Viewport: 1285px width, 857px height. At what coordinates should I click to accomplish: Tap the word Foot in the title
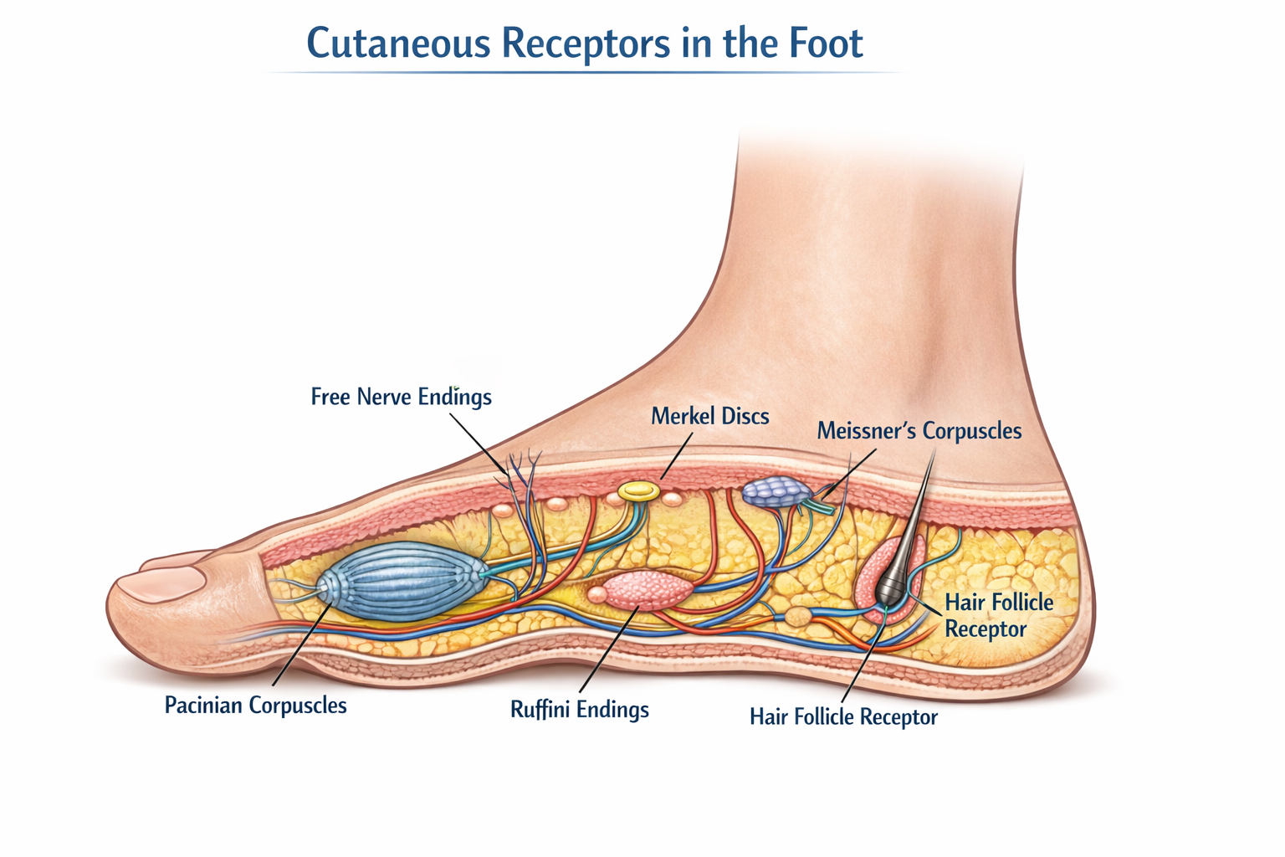[x=824, y=44]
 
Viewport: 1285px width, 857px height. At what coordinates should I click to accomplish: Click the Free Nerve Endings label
[x=401, y=396]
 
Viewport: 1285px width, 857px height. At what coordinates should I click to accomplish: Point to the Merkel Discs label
[x=709, y=416]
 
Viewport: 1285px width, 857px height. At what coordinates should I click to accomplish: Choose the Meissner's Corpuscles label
[x=919, y=431]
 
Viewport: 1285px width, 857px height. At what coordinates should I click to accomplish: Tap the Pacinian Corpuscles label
[x=255, y=705]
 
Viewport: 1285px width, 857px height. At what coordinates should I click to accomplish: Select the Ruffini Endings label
[x=579, y=710]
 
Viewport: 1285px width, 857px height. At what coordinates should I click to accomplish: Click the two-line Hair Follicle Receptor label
[x=998, y=615]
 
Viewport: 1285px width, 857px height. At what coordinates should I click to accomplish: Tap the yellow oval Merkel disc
[x=638, y=490]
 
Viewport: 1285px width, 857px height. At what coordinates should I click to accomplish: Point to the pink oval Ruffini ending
[x=648, y=590]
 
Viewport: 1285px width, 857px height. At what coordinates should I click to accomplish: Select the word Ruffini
[x=539, y=710]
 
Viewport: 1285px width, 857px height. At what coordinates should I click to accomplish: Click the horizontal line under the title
[x=586, y=73]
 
